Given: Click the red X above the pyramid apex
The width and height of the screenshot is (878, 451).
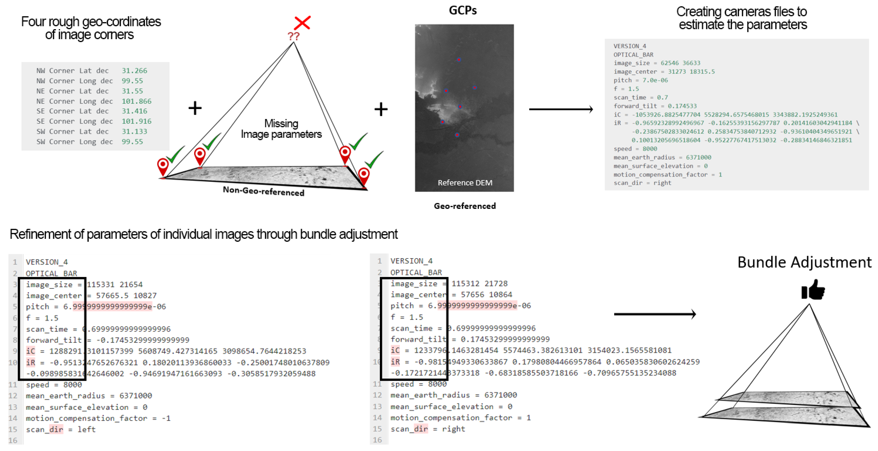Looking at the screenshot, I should [302, 23].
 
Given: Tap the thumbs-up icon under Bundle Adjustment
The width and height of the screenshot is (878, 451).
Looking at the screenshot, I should [813, 290].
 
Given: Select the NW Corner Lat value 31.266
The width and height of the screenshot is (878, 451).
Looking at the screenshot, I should [134, 71].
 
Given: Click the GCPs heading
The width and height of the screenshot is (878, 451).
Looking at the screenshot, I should [463, 11].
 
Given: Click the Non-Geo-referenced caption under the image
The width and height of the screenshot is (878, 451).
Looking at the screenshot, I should [263, 191].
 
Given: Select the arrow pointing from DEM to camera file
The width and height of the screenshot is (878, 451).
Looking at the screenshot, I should [561, 109].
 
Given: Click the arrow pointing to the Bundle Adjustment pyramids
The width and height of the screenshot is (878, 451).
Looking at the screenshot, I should [655, 314].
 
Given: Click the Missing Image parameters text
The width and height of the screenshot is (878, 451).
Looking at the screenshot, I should [281, 129].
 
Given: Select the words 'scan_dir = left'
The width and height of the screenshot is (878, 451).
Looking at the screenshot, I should [61, 429].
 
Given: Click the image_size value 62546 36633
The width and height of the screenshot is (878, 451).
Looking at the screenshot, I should [680, 63].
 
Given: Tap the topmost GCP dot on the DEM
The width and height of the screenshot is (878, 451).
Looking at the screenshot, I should [459, 60].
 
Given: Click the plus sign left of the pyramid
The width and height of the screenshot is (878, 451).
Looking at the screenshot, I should [195, 108].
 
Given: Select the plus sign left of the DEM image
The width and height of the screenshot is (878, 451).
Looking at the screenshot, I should [381, 109].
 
